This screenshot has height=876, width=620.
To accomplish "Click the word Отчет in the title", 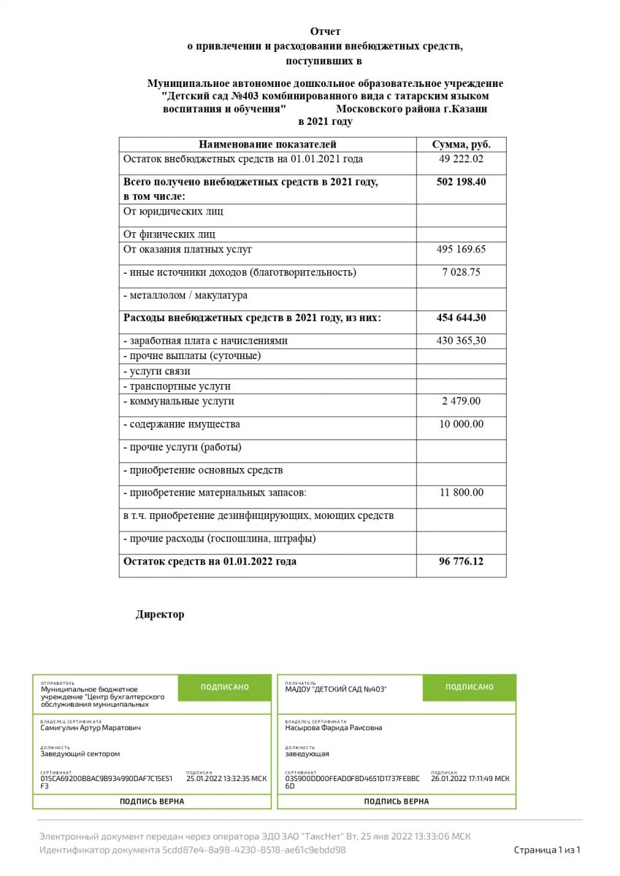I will coord(325,31).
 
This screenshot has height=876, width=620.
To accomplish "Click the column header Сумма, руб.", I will coord(461,144).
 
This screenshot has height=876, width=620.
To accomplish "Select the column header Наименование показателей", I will coord(267,144).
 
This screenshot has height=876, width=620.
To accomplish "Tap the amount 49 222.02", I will coord(461,159).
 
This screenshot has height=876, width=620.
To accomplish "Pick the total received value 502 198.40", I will coord(461,182).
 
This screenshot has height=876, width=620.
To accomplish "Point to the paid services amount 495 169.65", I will coord(461,250).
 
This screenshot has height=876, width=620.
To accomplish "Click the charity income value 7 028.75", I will coord(461,272).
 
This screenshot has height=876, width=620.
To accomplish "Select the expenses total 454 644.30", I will coord(461,318).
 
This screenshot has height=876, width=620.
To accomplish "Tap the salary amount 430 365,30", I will coord(461,341).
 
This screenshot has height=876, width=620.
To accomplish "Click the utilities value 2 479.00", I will coord(461,401).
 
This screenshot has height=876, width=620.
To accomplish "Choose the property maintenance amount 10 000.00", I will coord(461,424).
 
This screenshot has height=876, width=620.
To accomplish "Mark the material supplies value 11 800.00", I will coord(461,493).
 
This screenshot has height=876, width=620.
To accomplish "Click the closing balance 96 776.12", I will coord(461,562).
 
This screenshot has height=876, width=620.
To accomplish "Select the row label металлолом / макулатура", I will coord(188,296).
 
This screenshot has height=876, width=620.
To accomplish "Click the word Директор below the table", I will coord(160,615).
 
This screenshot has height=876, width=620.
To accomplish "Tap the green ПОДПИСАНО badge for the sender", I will coord(224,687).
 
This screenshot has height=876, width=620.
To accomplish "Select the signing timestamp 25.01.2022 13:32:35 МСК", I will coord(226,779).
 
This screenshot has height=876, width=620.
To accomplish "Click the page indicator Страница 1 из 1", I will coord(546,850).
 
